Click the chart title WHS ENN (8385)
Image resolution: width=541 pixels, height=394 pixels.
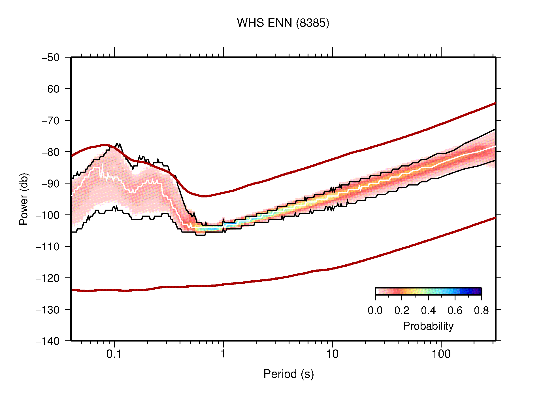283,23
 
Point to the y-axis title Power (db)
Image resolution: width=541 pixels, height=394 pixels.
24,199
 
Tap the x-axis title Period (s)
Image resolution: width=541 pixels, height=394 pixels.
288,374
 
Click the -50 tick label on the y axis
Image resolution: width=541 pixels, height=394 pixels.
50,58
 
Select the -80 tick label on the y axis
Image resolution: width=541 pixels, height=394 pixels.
50,152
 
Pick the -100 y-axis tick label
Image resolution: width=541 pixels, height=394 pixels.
48,215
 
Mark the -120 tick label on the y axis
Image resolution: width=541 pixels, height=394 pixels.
48,278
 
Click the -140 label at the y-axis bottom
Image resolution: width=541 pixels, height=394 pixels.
48,341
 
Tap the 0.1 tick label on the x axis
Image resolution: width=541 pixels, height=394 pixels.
114,354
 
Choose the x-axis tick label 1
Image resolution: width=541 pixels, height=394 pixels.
223,354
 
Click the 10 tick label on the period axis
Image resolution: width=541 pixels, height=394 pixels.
332,354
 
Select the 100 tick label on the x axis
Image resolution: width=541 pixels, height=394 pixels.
441,354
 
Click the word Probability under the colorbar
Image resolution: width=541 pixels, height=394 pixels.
428,326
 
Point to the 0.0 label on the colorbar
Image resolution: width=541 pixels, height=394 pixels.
375,311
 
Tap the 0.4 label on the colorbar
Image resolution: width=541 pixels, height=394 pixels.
428,311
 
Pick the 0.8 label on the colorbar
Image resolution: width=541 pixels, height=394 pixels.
481,311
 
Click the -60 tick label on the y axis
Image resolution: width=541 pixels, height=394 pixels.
50,89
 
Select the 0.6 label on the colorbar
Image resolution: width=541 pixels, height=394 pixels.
455,311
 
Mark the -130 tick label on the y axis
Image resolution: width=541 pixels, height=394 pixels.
48,309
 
